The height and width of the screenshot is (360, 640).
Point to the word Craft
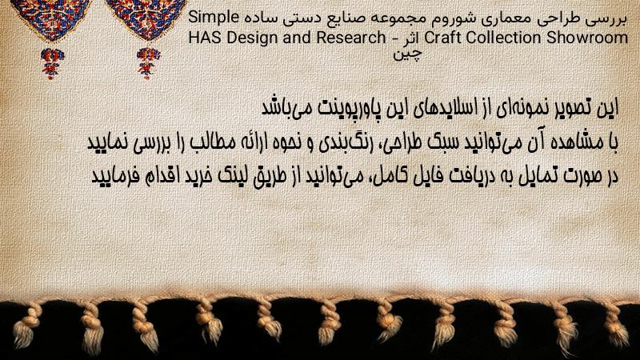click(x=443, y=38)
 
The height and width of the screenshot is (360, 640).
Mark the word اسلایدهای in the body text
click(x=450, y=108)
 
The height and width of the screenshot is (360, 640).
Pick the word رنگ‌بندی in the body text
click(x=343, y=142)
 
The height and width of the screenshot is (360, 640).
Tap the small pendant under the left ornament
click(x=52, y=63)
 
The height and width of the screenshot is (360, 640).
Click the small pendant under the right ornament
click(x=148, y=63)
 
